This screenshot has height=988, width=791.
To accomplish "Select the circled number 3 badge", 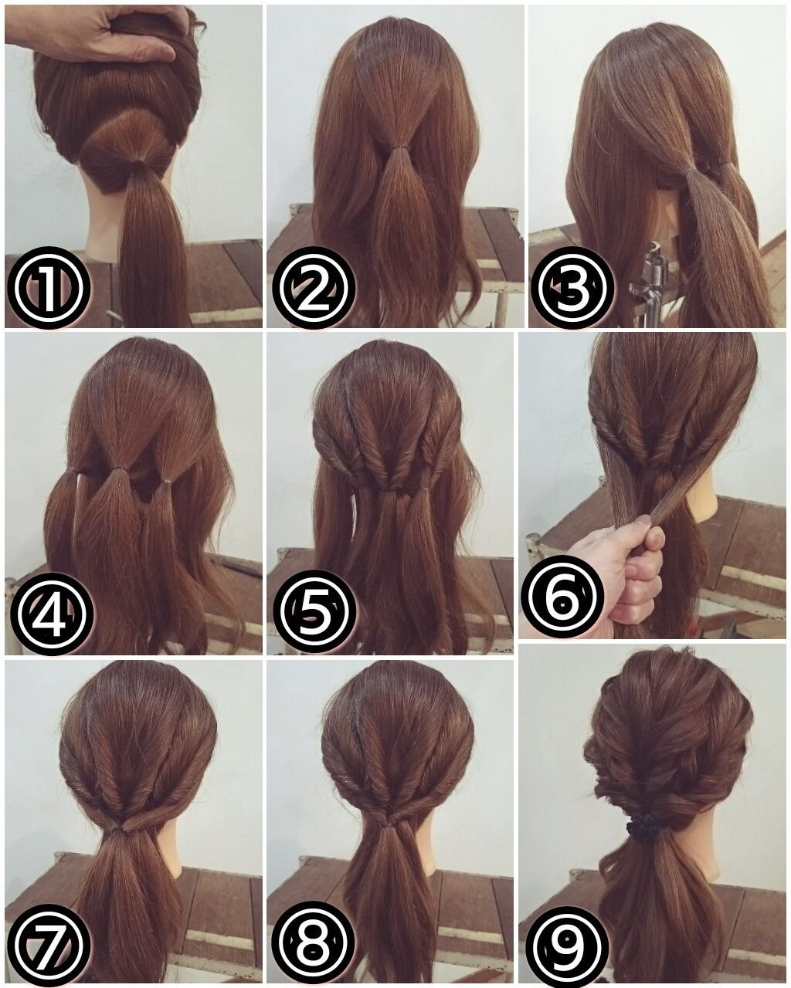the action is coord(575,287).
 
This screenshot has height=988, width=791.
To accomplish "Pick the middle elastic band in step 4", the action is coord(121,469).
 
